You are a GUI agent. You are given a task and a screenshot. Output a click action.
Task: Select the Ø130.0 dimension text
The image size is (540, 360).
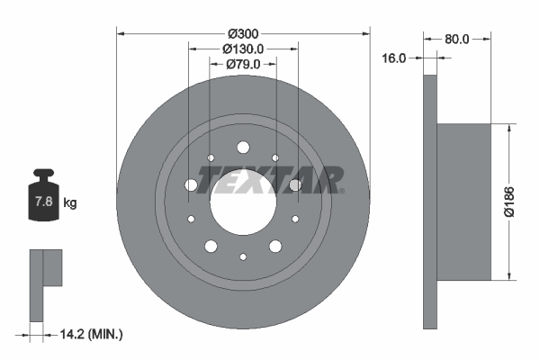point(243,49)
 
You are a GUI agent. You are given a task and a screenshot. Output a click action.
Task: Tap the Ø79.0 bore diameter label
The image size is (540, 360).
point(243,64)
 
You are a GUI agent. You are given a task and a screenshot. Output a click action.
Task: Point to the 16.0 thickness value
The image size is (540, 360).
point(395,58)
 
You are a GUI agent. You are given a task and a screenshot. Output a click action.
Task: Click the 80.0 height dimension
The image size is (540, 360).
point(457,39)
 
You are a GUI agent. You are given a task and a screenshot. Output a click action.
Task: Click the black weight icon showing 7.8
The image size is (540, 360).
point(42,199)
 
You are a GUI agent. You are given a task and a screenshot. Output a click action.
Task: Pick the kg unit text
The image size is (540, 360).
point(70,203)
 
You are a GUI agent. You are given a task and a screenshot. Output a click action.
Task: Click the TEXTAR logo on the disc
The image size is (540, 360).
point(271,180)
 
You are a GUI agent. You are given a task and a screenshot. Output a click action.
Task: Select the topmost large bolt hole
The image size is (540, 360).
point(242,148)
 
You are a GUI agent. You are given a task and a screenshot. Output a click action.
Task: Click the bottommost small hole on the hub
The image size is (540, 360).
point(243,256)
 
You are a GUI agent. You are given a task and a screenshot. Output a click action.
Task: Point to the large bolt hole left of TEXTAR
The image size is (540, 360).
point(191,185)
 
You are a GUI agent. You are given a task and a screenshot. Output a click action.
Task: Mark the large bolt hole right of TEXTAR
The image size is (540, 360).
point(294,185)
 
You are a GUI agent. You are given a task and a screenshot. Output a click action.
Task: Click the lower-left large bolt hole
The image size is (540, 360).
point(211,246)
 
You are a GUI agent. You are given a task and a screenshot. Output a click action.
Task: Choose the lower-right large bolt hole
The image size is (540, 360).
point(274,246)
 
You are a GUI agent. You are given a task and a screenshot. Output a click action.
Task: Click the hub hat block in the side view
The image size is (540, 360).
point(463,202)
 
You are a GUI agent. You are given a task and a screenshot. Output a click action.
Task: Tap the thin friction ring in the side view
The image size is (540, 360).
point(429,202)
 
